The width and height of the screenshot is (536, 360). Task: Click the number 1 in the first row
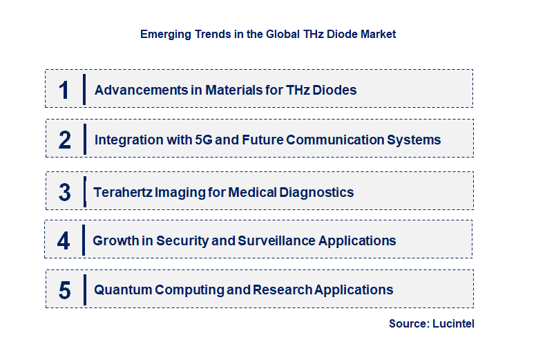(64, 90)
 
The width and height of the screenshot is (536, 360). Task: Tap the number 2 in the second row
(65, 140)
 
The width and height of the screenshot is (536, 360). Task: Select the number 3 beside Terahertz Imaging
(65, 192)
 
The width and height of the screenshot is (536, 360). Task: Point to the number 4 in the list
(64, 240)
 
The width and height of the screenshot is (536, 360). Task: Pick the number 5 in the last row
(65, 290)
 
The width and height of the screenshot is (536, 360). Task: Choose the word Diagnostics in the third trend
(318, 192)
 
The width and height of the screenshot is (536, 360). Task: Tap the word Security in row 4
(184, 240)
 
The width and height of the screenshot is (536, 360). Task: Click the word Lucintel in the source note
(454, 323)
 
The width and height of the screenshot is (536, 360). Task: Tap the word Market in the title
(379, 34)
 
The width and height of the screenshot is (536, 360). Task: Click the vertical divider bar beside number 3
(84, 191)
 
